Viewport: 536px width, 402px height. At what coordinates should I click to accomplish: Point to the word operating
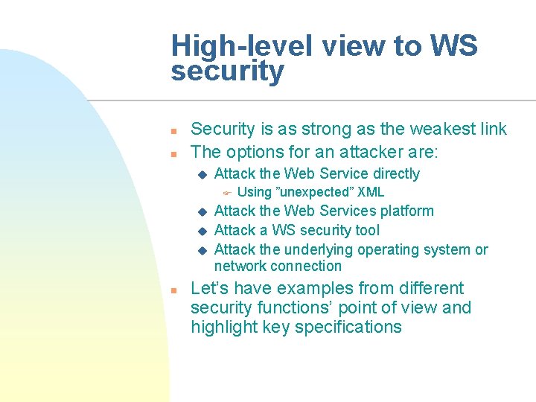(x=385, y=249)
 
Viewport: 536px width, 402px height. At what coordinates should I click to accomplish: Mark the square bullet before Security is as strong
(x=173, y=130)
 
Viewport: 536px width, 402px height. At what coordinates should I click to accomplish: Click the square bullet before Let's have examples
(x=173, y=290)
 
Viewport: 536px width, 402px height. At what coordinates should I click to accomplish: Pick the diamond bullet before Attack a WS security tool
(x=200, y=231)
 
